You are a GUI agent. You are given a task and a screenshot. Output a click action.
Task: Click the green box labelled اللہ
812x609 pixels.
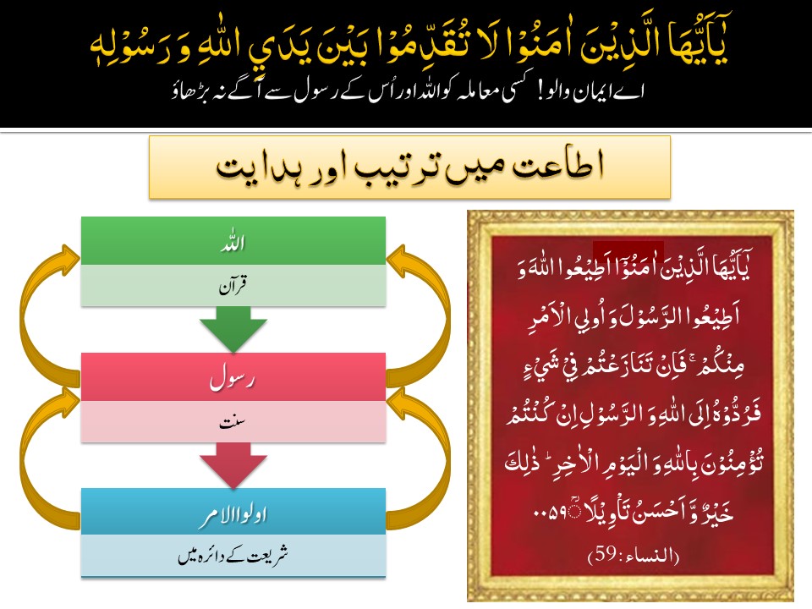pyautogui.click(x=233, y=241)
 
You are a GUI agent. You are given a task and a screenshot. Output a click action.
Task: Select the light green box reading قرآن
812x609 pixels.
pyautogui.click(x=233, y=285)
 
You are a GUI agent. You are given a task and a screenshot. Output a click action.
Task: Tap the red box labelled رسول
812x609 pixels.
pyautogui.click(x=233, y=377)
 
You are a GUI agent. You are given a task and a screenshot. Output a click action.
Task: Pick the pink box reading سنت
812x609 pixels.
pyautogui.click(x=233, y=421)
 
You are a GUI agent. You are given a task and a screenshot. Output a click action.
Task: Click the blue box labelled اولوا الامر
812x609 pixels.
pyautogui.click(x=233, y=512)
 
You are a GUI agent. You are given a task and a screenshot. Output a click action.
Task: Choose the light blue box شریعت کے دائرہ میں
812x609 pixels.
pyautogui.click(x=233, y=556)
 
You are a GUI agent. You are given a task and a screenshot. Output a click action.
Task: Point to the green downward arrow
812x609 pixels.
pyautogui.click(x=233, y=329)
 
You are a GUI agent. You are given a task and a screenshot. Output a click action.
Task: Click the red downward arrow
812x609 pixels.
pyautogui.click(x=233, y=465)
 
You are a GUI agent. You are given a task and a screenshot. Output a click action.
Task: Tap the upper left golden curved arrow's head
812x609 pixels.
pyautogui.click(x=70, y=257)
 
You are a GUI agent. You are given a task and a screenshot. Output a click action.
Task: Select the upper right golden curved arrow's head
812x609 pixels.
pyautogui.click(x=398, y=257)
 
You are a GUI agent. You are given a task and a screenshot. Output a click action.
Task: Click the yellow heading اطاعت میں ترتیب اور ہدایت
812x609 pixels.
pyautogui.click(x=409, y=167)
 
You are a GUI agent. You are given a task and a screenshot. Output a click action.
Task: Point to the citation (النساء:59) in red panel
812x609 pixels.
pyautogui.click(x=634, y=555)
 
